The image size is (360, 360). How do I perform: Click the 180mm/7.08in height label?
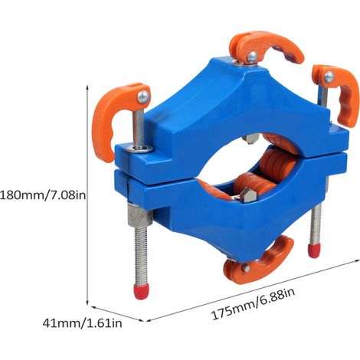43,195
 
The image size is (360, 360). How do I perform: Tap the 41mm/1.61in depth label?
82,323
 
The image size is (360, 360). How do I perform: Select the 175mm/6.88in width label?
254,304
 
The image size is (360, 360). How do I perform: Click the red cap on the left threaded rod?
141,292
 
